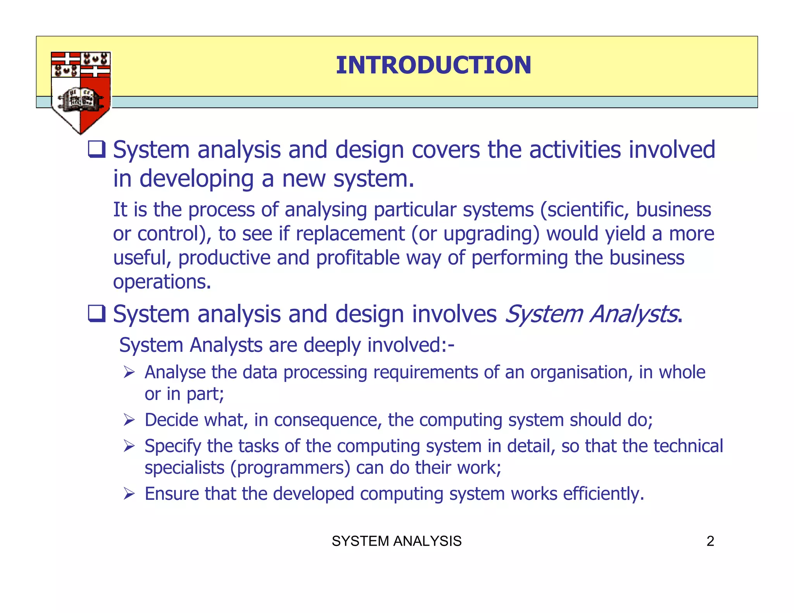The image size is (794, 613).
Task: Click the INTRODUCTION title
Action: pyautogui.click(x=433, y=65)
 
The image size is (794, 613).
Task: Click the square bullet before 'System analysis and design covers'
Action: pyautogui.click(x=97, y=150)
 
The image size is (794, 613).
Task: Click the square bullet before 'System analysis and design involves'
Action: pyautogui.click(x=97, y=313)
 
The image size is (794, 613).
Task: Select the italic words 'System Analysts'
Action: pyautogui.click(x=592, y=313)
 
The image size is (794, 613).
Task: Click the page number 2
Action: pyautogui.click(x=710, y=541)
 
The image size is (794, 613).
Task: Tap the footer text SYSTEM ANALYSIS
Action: pyautogui.click(x=397, y=541)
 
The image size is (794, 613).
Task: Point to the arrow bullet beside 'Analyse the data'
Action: pyautogui.click(x=129, y=373)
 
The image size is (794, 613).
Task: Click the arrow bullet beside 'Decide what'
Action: pyautogui.click(x=129, y=420)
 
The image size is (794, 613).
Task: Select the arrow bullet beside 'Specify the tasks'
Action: pyautogui.click(x=129, y=446)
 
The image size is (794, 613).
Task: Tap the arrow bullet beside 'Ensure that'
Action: pyautogui.click(x=129, y=494)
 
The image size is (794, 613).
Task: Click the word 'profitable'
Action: pyautogui.click(x=357, y=258)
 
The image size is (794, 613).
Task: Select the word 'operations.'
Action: pyautogui.click(x=162, y=282)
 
